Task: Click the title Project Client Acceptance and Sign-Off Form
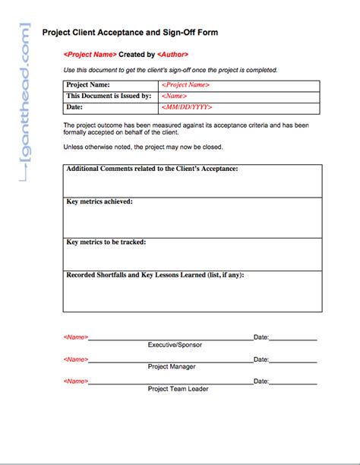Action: pyautogui.click(x=131, y=33)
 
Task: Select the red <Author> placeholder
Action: pyautogui.click(x=172, y=55)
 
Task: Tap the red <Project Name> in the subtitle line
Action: pyautogui.click(x=90, y=55)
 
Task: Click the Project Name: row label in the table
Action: pyautogui.click(x=88, y=85)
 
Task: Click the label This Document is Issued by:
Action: pyautogui.click(x=109, y=96)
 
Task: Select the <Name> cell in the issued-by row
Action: pyautogui.click(x=175, y=96)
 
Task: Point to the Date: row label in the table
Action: pyautogui.click(x=74, y=108)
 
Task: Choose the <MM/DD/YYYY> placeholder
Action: pyautogui.click(x=187, y=108)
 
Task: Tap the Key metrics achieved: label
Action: pyautogui.click(x=99, y=201)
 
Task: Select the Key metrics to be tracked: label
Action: pyautogui.click(x=106, y=242)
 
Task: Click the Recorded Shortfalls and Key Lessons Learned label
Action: pyautogui.click(x=160, y=275)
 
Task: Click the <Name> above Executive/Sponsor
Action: pyautogui.click(x=76, y=337)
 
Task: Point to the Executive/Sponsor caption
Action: pyautogui.click(x=175, y=345)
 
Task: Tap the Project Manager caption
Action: pyautogui.click(x=172, y=367)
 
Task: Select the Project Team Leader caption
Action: pyautogui.click(x=178, y=389)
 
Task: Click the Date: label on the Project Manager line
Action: pyautogui.click(x=261, y=359)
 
